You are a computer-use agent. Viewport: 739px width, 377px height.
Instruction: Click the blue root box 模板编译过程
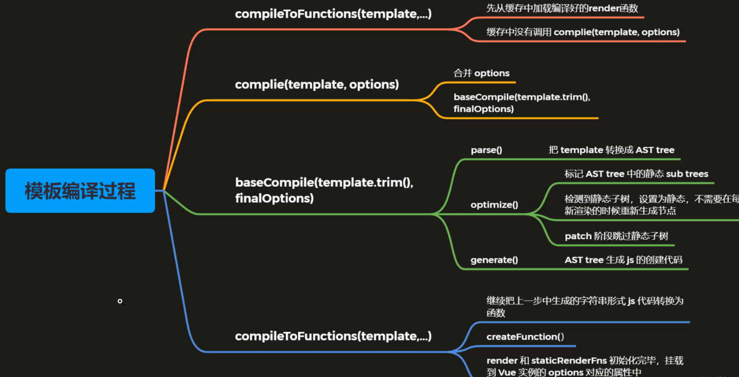pyautogui.click(x=80, y=191)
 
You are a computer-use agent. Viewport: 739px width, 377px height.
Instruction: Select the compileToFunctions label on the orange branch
pyautogui.click(x=333, y=14)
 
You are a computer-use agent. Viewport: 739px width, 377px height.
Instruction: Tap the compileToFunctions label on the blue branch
pyautogui.click(x=333, y=336)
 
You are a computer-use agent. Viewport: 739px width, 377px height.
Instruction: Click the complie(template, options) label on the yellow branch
pyautogui.click(x=317, y=84)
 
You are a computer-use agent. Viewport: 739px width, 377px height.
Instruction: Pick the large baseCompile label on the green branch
pyautogui.click(x=324, y=190)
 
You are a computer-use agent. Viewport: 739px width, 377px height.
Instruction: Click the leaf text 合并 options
pyautogui.click(x=481, y=73)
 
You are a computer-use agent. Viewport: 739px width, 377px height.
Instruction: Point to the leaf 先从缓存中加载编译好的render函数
pyautogui.click(x=562, y=8)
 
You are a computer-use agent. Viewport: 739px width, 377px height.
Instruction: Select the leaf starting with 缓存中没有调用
pyautogui.click(x=583, y=32)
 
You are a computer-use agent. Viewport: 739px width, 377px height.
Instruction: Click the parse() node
pyautogui.click(x=486, y=150)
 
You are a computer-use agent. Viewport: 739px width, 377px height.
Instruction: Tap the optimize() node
pyautogui.click(x=494, y=205)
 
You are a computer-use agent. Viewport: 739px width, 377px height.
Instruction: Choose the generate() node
pyautogui.click(x=494, y=260)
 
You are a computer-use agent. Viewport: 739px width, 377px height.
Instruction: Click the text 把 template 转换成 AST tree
pyautogui.click(x=611, y=150)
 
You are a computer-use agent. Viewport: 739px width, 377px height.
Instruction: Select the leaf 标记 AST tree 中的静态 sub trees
pyautogui.click(x=636, y=174)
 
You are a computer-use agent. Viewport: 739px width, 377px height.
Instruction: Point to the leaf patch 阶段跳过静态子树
pyautogui.click(x=616, y=236)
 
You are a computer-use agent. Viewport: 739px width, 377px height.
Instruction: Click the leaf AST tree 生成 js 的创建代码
pyautogui.click(x=623, y=260)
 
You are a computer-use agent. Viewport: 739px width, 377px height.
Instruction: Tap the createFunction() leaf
pyautogui.click(x=525, y=337)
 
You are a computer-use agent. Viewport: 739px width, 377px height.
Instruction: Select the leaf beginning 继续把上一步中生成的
pyautogui.click(x=585, y=307)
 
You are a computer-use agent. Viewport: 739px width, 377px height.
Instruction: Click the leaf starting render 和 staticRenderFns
pyautogui.click(x=585, y=366)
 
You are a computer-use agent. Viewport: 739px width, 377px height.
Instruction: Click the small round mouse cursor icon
pyautogui.click(x=120, y=302)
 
